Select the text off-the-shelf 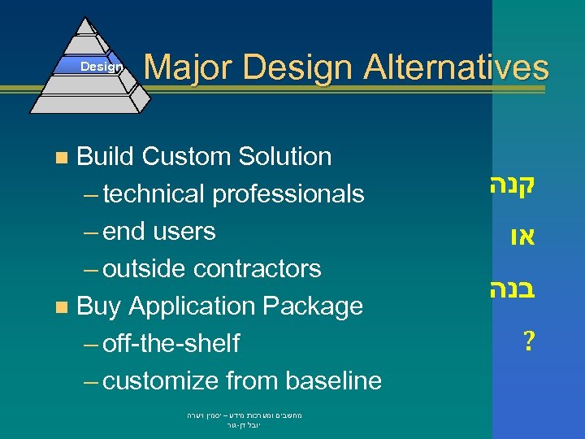click(x=171, y=344)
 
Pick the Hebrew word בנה click(x=511, y=289)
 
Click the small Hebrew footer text click(x=244, y=419)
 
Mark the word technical click(x=154, y=194)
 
